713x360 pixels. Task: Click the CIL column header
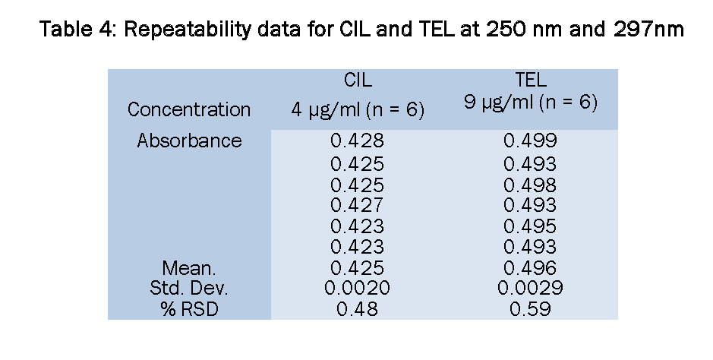point(358,81)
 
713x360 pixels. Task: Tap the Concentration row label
point(189,109)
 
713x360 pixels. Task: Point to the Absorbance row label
point(189,141)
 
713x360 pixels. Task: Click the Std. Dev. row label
point(189,289)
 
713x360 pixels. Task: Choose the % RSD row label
point(189,309)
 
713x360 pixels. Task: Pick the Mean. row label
point(189,268)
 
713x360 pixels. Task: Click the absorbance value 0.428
point(357,141)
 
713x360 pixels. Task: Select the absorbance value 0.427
point(357,205)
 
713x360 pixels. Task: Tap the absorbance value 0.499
point(530,141)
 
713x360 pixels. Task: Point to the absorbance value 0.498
point(530,185)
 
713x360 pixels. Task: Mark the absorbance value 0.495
point(530,226)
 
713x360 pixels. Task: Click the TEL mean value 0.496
point(530,268)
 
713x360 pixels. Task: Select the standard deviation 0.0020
point(357,289)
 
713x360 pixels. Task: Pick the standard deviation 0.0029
point(530,289)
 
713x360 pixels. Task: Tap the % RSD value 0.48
point(357,309)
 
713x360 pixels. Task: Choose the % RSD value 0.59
point(530,309)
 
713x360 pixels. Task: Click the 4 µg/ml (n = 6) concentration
point(357,109)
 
